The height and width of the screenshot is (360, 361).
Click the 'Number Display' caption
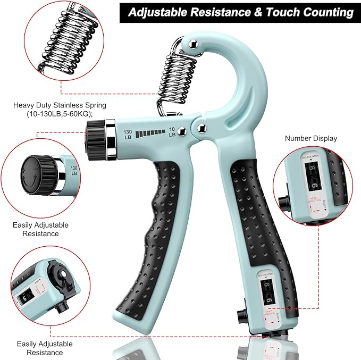[311, 138]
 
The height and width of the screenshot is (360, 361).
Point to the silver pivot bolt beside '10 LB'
[182, 129]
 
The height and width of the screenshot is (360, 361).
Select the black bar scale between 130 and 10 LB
[149, 133]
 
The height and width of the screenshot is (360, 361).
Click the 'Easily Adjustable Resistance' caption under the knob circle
[41, 229]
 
